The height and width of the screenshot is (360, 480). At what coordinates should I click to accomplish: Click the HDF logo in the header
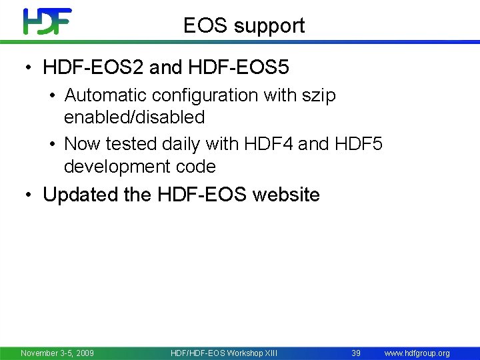[47, 21]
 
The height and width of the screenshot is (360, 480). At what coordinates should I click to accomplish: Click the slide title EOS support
[244, 25]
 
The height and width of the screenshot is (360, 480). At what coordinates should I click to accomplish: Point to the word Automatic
[100, 95]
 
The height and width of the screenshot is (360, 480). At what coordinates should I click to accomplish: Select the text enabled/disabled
[134, 117]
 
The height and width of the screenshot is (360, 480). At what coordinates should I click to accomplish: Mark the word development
[117, 166]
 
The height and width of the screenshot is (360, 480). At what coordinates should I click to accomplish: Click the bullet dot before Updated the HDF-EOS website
[28, 195]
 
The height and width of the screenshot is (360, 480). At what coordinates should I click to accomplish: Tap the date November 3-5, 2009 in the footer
[57, 353]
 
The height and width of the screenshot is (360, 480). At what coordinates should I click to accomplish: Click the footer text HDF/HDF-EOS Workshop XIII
[224, 353]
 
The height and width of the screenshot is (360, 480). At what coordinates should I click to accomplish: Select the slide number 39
[356, 353]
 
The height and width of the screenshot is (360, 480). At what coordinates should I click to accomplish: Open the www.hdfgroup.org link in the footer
[417, 353]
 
